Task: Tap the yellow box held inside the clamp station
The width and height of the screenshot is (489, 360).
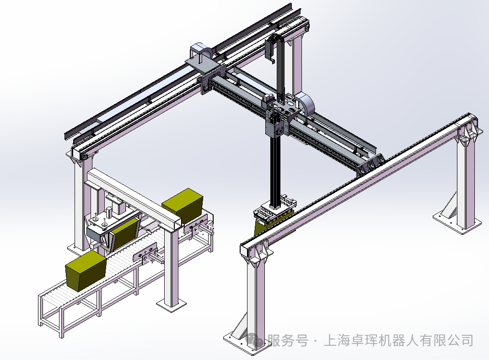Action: coord(124,233)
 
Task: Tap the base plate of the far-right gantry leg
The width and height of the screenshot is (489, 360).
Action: coord(457,221)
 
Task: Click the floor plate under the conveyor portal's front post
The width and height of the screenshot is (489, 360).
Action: coord(172,305)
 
